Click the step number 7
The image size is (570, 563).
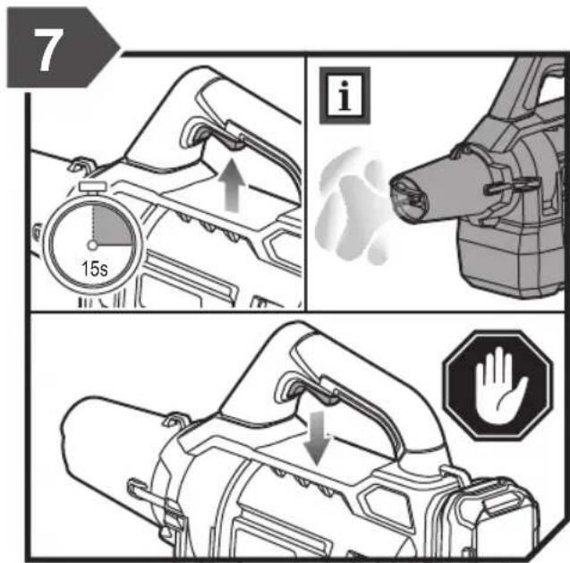48,49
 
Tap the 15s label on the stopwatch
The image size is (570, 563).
95,269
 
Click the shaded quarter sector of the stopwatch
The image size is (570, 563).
111,225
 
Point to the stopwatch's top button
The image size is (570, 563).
93,186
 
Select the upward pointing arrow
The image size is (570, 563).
231,185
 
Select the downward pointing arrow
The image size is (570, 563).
318,438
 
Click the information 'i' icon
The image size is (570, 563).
345,95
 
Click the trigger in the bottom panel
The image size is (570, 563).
325,396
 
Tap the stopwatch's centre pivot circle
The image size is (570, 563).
93,245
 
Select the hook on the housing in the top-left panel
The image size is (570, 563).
81,165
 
